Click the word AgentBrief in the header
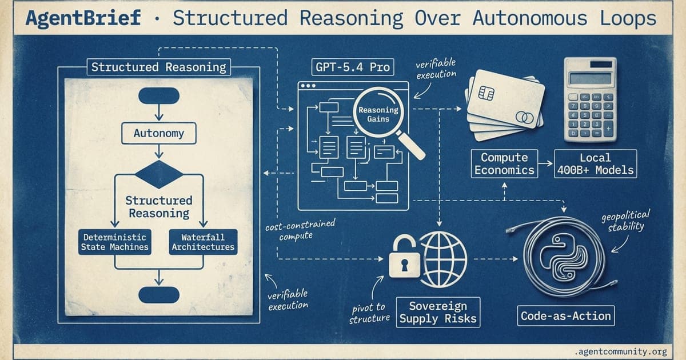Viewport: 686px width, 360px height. (83, 18)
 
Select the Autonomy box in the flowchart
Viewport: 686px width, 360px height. (158, 134)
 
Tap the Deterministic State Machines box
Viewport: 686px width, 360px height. (114, 242)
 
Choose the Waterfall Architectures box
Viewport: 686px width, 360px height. (203, 242)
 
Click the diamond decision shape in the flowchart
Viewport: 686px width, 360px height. (158, 171)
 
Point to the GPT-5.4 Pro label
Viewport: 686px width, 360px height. (352, 67)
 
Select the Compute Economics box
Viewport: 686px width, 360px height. (504, 163)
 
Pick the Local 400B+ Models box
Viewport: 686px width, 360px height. (595, 163)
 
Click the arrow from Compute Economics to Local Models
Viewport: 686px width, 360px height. (545, 164)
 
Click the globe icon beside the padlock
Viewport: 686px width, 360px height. (444, 255)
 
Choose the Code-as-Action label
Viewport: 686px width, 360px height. (566, 315)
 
